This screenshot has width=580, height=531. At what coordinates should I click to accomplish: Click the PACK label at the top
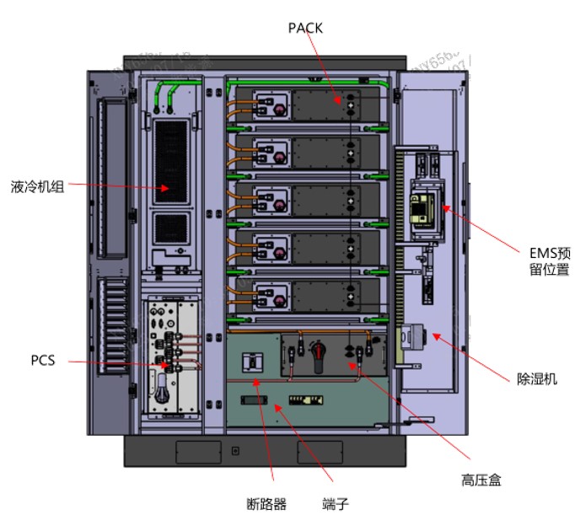point(305,28)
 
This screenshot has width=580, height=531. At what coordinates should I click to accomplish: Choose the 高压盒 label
point(481,480)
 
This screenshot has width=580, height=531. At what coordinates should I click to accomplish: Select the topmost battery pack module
point(309,105)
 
